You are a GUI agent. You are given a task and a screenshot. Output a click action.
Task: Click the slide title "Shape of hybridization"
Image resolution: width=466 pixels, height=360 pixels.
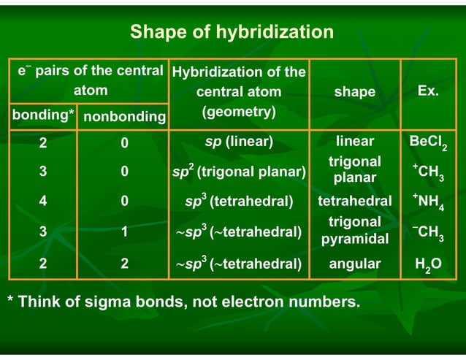(232, 32)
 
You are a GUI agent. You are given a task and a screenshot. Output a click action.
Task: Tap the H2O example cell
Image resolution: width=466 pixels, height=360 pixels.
(429, 264)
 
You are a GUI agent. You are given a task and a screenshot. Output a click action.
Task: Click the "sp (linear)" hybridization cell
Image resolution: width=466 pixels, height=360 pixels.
(238, 142)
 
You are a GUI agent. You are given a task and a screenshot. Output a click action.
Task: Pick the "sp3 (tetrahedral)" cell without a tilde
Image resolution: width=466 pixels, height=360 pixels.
(240, 202)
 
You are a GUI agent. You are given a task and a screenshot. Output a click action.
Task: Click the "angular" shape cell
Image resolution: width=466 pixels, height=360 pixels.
(354, 264)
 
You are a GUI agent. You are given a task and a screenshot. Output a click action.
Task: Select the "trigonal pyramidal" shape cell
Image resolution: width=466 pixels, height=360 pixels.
(354, 230)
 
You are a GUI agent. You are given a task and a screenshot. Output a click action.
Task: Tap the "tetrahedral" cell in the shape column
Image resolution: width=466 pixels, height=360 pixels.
(354, 201)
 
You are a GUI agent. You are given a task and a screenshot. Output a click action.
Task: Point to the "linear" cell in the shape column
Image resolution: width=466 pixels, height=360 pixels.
(354, 142)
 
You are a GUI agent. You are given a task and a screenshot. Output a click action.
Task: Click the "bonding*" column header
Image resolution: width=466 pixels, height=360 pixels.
(42, 115)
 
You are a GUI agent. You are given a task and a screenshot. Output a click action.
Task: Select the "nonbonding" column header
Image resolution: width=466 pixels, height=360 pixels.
(124, 117)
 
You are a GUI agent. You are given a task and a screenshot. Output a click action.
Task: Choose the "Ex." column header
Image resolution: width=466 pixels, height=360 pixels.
(428, 91)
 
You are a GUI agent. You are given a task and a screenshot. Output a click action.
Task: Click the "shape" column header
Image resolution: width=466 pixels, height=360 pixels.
(354, 92)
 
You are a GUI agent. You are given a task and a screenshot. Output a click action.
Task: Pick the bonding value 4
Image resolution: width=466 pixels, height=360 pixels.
(43, 202)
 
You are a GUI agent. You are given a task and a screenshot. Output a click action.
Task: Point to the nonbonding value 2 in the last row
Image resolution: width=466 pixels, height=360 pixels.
(125, 264)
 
